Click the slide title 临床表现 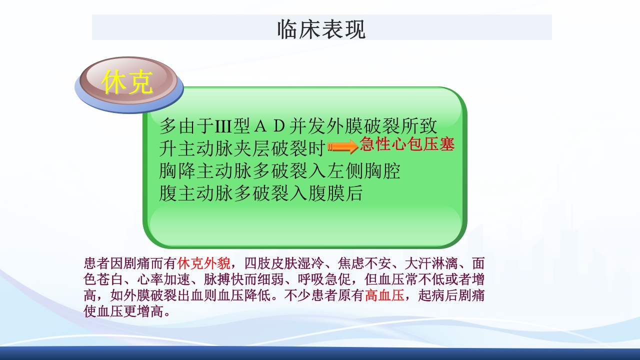[321, 29]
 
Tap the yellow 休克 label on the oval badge [127, 82]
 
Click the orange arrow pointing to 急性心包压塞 [343, 146]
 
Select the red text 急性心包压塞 [407, 144]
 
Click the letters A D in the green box [269, 126]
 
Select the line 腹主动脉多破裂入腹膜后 [260, 193]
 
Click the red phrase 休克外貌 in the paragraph [203, 263]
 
